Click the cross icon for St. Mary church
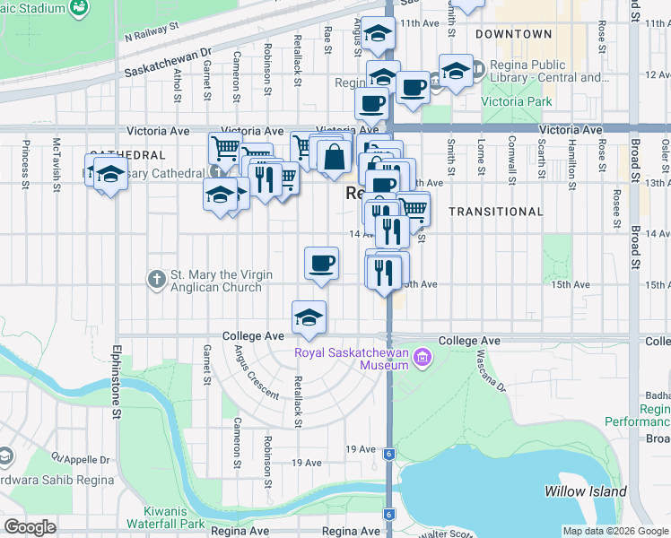(x=156, y=280)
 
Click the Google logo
(x=30, y=527)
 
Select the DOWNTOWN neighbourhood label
(x=514, y=34)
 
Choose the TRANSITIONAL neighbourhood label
(x=495, y=212)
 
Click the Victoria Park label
(x=517, y=102)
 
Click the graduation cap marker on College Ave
(x=309, y=317)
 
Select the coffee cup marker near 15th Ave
(x=321, y=263)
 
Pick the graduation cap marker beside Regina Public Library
(x=456, y=70)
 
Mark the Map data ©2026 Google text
(x=614, y=531)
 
